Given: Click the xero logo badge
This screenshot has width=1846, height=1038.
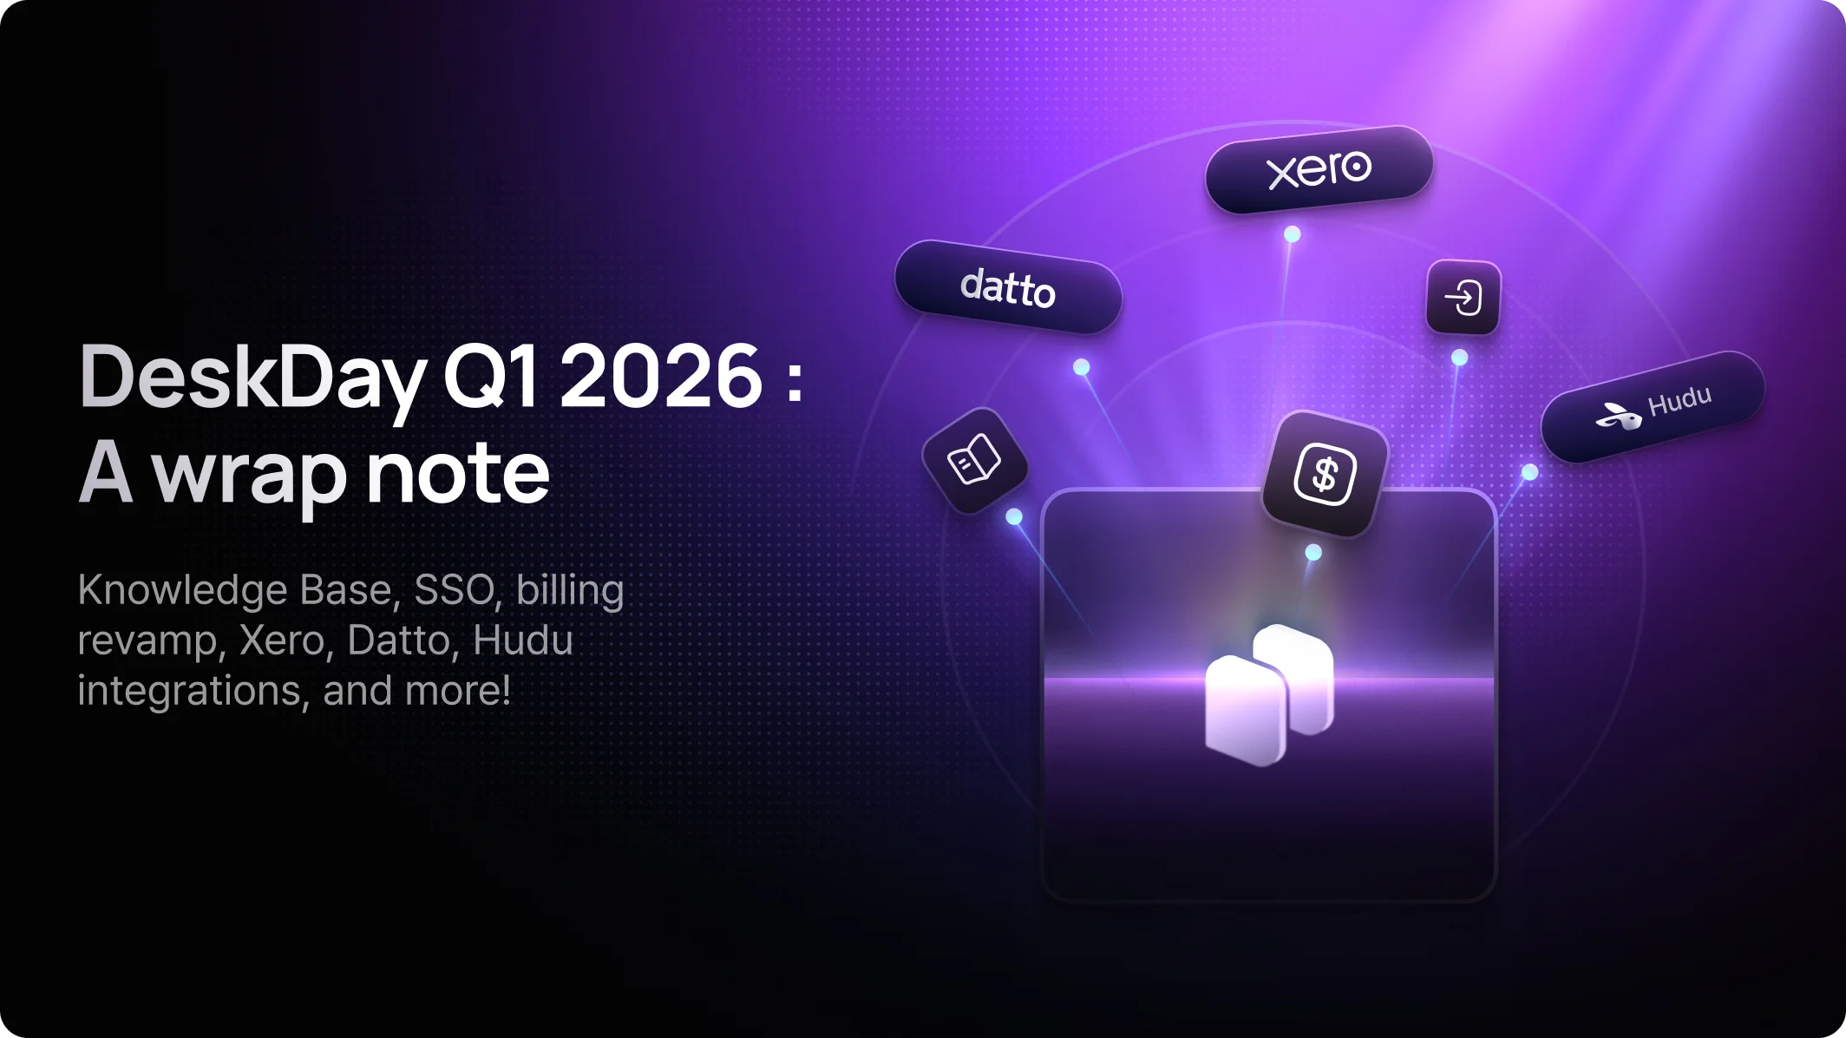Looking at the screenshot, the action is click(x=1319, y=169).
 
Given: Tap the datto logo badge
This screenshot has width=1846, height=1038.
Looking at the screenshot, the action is click(x=1008, y=287).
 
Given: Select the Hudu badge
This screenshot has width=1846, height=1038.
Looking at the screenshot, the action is click(x=1653, y=406).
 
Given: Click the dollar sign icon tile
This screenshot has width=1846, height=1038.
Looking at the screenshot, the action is click(x=1325, y=474).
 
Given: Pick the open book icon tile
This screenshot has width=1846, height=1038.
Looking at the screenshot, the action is click(x=974, y=460).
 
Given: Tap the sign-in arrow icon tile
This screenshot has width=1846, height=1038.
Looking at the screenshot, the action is click(x=1463, y=298).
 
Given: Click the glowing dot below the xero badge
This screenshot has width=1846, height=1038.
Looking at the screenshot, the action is click(x=1292, y=234).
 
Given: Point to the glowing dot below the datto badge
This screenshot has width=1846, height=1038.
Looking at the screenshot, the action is click(x=1081, y=367).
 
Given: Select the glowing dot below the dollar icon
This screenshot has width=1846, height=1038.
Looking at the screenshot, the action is click(x=1313, y=552).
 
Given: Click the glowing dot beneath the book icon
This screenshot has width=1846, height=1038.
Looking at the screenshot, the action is click(x=1013, y=517).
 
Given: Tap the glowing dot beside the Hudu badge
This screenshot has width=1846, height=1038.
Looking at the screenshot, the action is click(x=1529, y=472).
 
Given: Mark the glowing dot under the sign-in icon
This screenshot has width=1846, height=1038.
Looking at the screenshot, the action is click(x=1459, y=358).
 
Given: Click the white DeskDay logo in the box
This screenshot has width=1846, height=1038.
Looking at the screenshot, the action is click(x=1269, y=694).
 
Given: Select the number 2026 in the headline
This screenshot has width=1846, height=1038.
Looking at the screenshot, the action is click(x=662, y=376).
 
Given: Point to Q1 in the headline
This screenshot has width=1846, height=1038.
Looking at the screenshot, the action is click(x=491, y=377).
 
